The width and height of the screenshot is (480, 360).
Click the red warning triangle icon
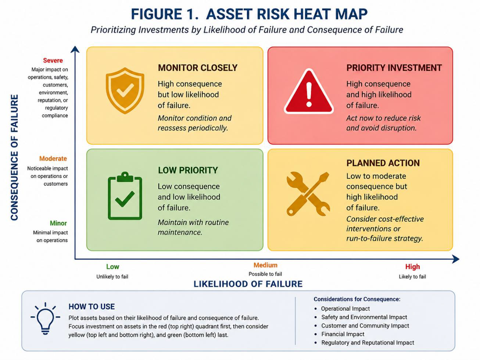(309, 92)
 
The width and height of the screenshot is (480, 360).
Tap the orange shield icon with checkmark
(125, 90)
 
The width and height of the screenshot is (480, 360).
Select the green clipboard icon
(125, 196)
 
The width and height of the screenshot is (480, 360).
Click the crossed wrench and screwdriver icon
(308, 194)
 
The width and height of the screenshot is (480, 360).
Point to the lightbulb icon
(45, 318)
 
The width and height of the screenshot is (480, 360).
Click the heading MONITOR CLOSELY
(198, 68)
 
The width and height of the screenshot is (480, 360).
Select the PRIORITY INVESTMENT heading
(394, 68)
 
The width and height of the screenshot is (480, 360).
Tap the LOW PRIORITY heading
(188, 170)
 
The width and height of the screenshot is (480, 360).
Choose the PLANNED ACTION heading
(383, 163)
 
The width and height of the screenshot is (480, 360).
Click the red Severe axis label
(53, 60)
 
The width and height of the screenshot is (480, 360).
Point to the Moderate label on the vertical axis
(53, 158)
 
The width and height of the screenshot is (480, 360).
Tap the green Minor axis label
(58, 223)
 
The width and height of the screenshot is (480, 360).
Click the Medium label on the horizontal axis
(265, 265)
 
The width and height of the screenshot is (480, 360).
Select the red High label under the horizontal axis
(412, 267)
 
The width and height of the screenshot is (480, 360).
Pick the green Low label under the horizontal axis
(112, 267)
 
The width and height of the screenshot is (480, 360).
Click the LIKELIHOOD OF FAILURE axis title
(248, 284)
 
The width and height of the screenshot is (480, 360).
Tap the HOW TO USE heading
(92, 307)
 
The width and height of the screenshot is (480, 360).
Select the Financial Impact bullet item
(343, 334)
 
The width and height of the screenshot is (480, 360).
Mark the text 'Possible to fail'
(265, 274)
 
